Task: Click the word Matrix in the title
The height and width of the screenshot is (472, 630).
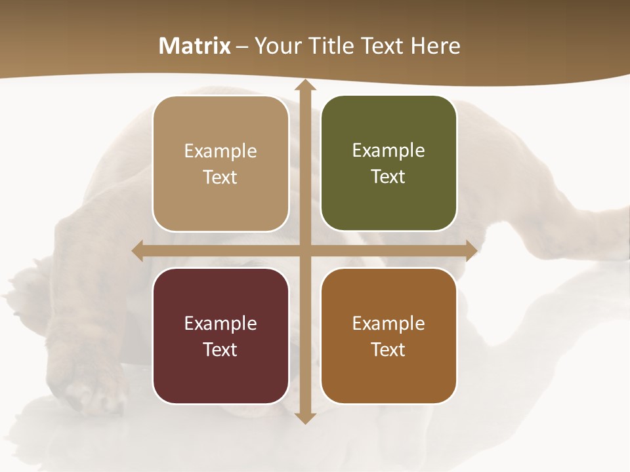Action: click(x=195, y=46)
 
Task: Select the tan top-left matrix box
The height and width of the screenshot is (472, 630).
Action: click(x=220, y=164)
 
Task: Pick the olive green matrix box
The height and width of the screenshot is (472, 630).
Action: click(x=388, y=163)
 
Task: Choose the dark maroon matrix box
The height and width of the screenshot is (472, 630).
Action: click(x=220, y=336)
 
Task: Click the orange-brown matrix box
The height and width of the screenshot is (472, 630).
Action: click(x=388, y=336)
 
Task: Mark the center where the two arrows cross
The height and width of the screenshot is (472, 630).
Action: click(x=304, y=250)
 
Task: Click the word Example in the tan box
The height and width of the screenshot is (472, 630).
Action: click(x=220, y=151)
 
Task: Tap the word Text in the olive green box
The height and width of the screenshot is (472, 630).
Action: click(x=388, y=177)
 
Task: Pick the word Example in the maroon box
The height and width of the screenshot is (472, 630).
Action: click(x=220, y=323)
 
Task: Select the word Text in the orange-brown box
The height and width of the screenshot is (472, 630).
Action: click(x=388, y=349)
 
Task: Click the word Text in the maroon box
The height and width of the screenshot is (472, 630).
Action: click(x=220, y=349)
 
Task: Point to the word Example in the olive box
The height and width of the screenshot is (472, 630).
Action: click(x=388, y=151)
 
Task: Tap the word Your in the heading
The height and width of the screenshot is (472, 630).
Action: click(x=276, y=46)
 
